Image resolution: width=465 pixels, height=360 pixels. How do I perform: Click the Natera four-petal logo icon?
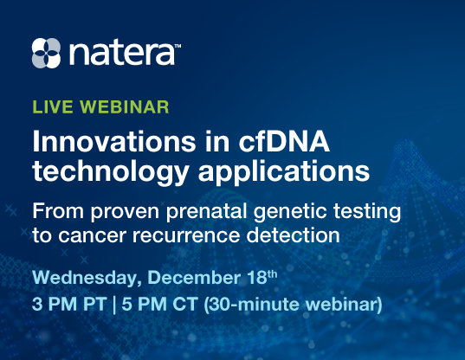48,53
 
